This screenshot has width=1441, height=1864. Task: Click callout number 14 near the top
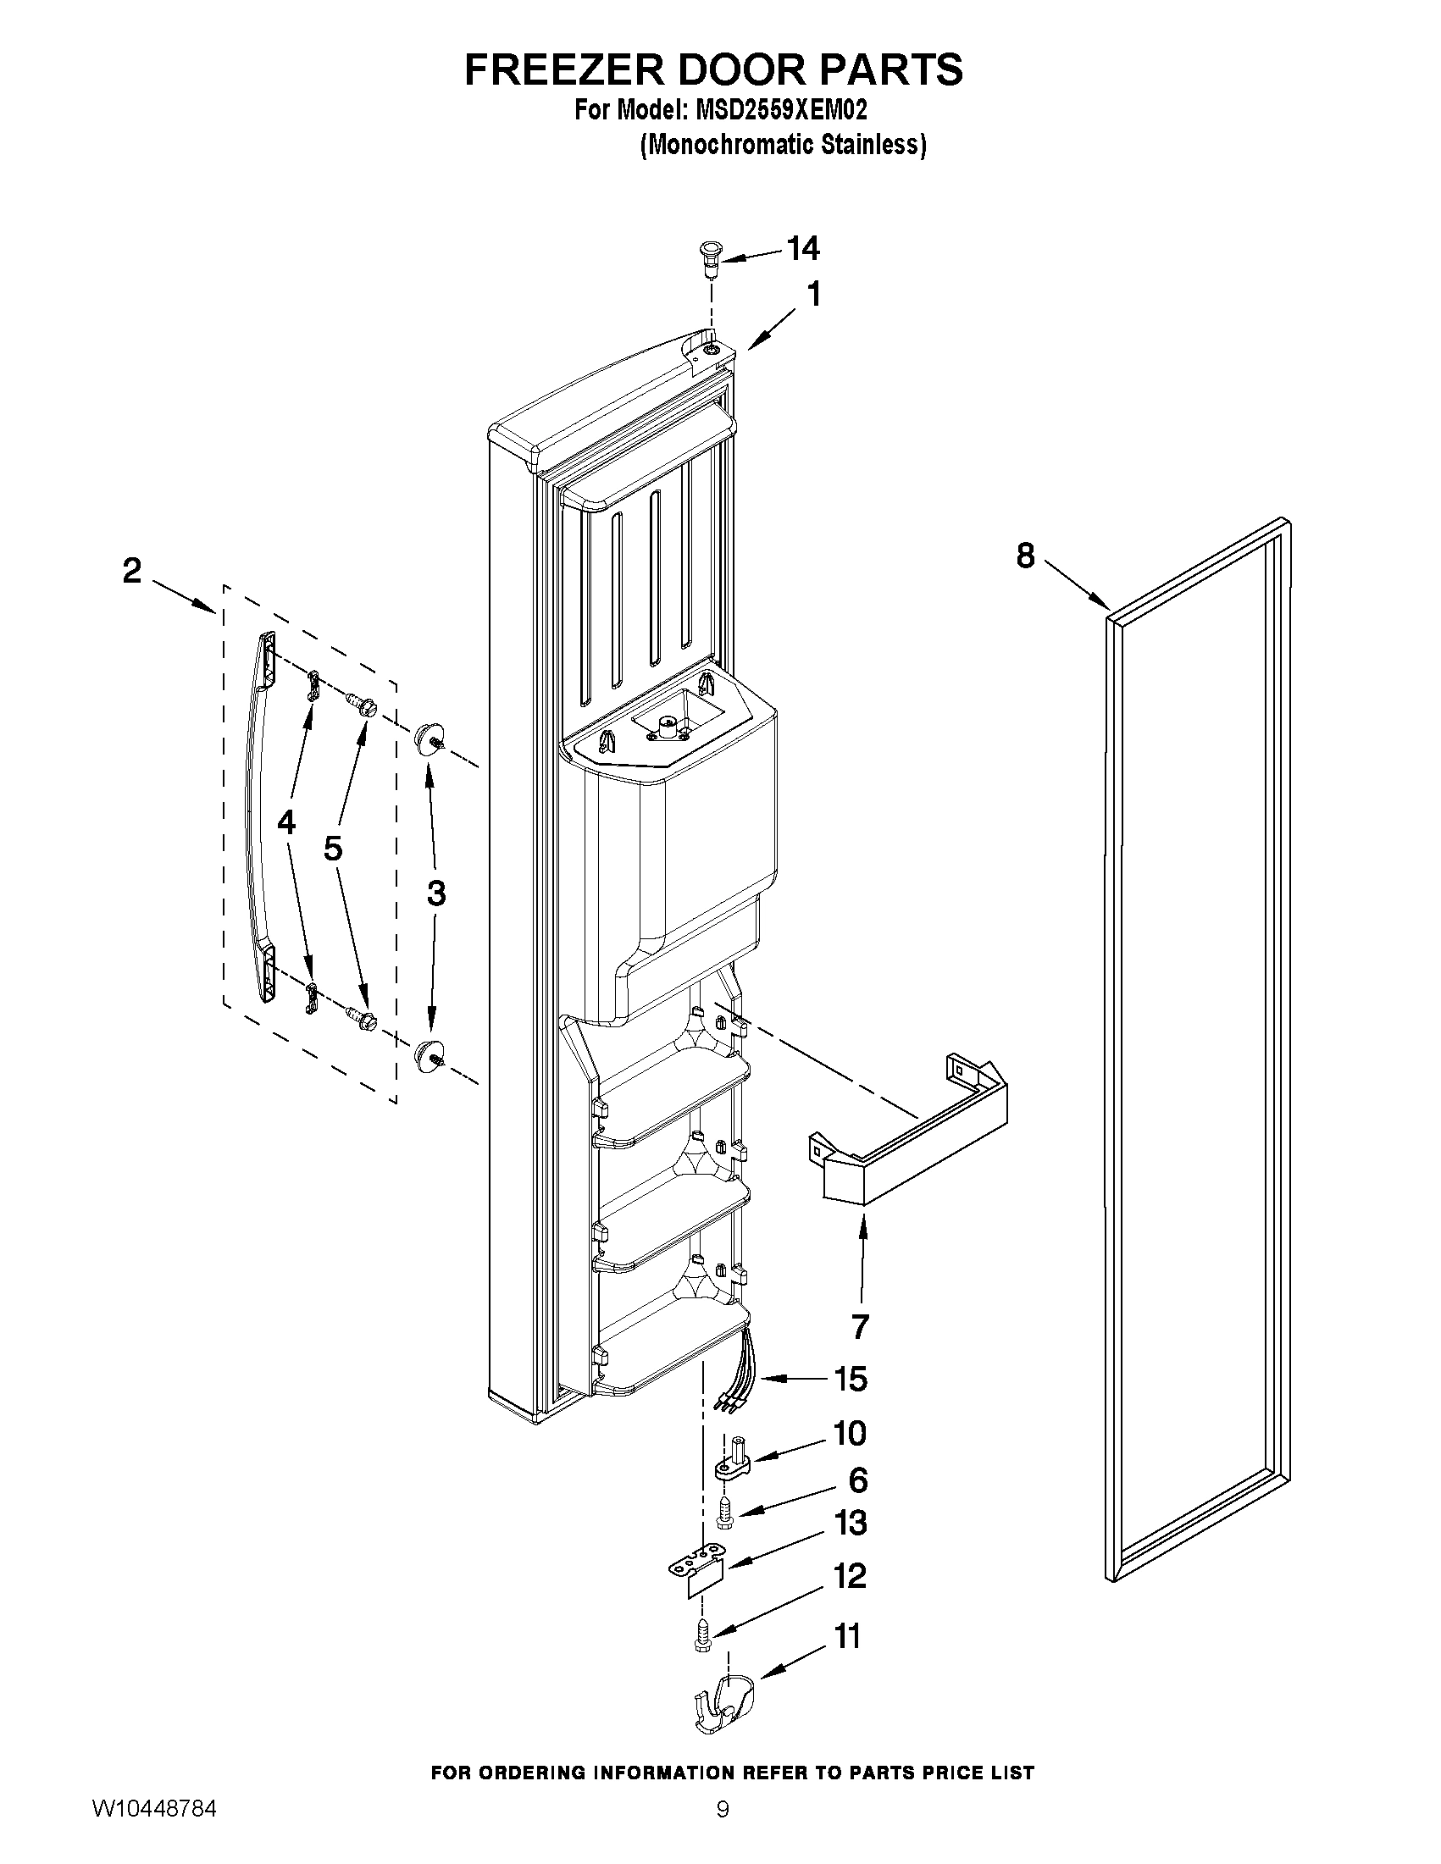[802, 249]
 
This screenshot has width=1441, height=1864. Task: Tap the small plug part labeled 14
[707, 256]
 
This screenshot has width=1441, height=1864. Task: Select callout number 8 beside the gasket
[1025, 556]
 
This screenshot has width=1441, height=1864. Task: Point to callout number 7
[860, 1326]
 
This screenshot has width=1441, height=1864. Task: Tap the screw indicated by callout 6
[725, 1514]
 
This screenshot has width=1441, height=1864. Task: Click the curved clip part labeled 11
[724, 1704]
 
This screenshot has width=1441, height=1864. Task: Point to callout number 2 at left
[131, 570]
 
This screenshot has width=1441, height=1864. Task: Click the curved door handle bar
[252, 819]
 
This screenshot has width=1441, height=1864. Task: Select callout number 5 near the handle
[333, 849]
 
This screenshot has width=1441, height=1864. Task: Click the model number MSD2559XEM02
[781, 110]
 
